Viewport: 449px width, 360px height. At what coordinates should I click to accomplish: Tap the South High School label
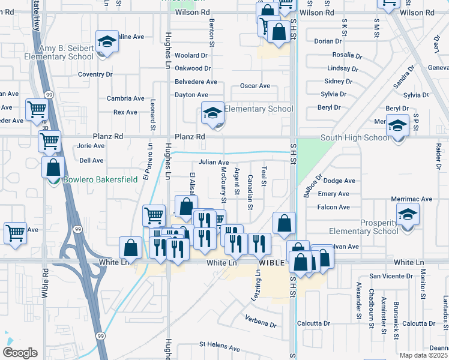click(355, 137)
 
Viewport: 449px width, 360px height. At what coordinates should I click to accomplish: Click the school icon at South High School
click(397, 127)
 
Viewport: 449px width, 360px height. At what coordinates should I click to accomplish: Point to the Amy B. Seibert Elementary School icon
click(107, 42)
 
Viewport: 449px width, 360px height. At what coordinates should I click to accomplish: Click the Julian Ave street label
click(214, 163)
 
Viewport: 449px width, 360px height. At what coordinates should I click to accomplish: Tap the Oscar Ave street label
click(255, 86)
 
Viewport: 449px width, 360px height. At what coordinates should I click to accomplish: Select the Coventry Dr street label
click(95, 74)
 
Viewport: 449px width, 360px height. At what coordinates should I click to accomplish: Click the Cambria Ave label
click(125, 98)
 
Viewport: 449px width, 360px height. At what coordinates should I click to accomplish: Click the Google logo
click(20, 352)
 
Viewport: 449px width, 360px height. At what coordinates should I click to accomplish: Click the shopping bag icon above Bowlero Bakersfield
click(53, 167)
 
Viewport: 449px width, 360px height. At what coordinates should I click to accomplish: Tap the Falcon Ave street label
click(334, 208)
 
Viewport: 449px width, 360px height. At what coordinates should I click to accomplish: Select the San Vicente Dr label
click(390, 276)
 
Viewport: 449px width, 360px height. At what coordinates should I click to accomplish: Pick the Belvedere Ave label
click(196, 82)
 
